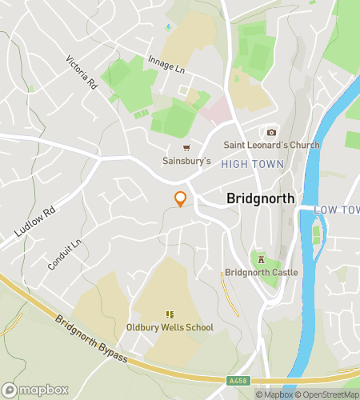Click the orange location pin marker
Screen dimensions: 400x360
point(180,200)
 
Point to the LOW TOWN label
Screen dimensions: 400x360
point(336,209)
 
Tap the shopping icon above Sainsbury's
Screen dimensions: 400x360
point(187,147)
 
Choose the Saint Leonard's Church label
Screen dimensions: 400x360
point(271,145)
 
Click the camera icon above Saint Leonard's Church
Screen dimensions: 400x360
point(271,132)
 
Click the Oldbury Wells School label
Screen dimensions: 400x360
point(170,327)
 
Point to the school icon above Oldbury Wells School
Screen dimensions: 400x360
point(170,314)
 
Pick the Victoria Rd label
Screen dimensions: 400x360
point(82,73)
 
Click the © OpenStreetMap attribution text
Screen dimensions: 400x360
point(328,394)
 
